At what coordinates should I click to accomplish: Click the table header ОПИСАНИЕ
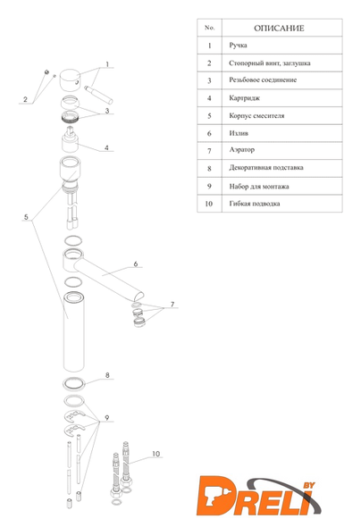point(279,29)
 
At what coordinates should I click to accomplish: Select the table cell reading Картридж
point(244,98)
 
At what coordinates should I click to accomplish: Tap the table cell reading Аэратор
point(241,149)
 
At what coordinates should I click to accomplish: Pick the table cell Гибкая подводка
point(255,204)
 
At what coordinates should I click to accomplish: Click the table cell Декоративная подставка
point(266,167)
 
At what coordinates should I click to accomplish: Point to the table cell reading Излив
point(239,133)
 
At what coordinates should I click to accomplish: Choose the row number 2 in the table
point(209,63)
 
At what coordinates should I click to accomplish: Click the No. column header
point(209,28)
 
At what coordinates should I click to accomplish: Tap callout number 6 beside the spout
point(136,263)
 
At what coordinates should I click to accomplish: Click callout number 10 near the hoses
point(156,454)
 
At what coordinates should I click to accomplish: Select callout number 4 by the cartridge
point(106,147)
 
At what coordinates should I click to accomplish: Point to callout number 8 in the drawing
point(107,375)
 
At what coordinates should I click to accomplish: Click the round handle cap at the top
point(70,80)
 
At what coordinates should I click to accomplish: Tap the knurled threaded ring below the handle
point(70,117)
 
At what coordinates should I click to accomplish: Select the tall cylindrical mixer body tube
point(74,332)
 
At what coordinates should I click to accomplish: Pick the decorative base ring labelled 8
point(74,384)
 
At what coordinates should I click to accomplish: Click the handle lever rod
point(98,95)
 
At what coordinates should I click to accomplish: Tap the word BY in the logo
point(309,485)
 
